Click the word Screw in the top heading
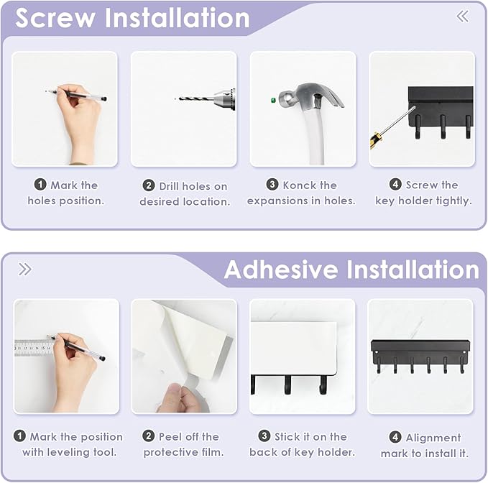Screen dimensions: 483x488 tap(57, 18)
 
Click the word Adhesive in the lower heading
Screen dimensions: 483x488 tap(282, 270)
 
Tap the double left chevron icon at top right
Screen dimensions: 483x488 tap(463, 17)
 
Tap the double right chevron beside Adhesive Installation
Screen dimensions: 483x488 tap(25, 270)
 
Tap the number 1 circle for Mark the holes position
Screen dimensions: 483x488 tap(41, 185)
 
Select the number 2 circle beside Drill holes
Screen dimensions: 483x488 tap(149, 186)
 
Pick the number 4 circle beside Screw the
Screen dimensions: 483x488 tap(395, 185)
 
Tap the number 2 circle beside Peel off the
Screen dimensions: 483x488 tap(149, 436)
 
